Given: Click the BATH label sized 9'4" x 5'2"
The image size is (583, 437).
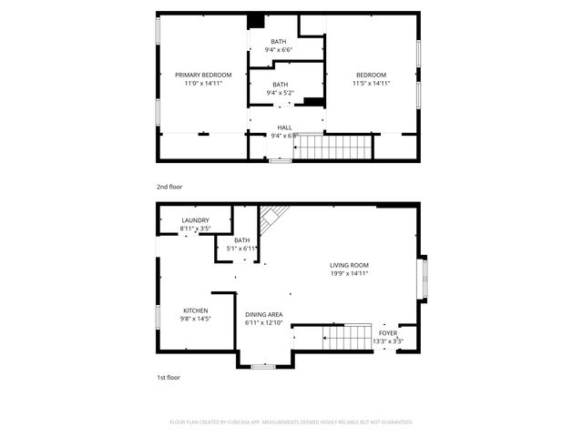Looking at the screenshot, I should pos(280,85).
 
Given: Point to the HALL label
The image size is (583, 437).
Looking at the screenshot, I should pos(284,127).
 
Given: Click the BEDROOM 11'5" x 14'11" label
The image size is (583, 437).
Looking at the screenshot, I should pos(371,75).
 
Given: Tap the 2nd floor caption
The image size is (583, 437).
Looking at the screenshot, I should pos(169,187).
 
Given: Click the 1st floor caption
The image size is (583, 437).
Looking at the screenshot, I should pos(169,376).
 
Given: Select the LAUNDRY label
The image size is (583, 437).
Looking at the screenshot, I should pos(195,220).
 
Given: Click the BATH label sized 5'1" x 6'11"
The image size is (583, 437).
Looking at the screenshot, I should pos(241,240).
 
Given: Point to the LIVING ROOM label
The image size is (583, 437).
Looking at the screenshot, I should pos(349,265).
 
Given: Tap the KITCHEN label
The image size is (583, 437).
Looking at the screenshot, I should pos(195,310).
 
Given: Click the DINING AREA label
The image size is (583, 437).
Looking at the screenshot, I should pos(264,314).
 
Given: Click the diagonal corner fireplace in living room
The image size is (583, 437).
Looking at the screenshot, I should pos(272,217).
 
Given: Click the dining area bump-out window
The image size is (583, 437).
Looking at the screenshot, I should pos(262,366).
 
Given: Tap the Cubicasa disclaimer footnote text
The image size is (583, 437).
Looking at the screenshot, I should pos(291,422).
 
